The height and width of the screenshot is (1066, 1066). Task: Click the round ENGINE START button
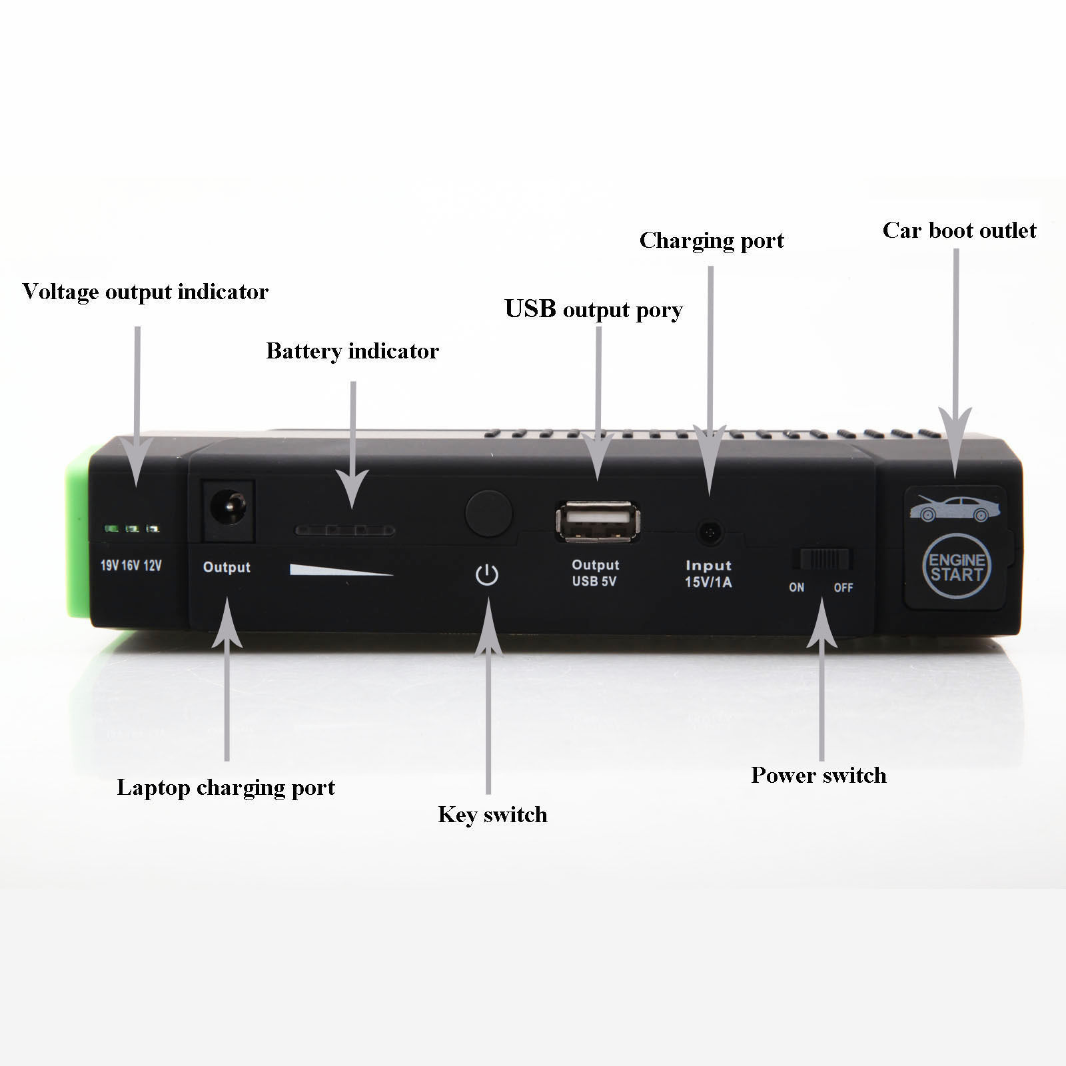[957, 566]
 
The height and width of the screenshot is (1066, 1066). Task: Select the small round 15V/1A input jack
[710, 533]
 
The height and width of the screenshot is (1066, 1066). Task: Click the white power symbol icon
[487, 574]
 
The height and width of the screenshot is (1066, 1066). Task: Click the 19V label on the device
[109, 566]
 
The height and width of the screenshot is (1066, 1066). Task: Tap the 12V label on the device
[152, 566]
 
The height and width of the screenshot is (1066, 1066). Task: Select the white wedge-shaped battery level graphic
[341, 570]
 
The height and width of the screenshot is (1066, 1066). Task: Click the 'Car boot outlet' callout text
[959, 231]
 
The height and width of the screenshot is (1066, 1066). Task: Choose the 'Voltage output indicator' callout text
[145, 292]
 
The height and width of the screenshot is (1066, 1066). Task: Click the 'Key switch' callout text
[492, 815]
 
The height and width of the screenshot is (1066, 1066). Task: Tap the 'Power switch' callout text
[819, 776]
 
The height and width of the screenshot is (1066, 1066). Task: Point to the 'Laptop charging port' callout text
[226, 788]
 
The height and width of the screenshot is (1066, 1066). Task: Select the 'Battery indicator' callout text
[352, 351]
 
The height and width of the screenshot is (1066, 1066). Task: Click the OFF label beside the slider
[843, 588]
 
